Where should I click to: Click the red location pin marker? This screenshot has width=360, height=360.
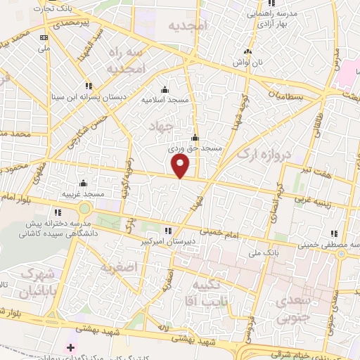coord(181,166)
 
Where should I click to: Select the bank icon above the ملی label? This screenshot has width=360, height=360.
coord(44,37)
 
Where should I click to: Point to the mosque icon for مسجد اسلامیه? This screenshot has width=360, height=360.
coord(165,89)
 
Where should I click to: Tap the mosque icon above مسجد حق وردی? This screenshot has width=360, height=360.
coord(195,138)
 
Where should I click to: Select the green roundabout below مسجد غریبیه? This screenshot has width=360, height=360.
coord(85,208)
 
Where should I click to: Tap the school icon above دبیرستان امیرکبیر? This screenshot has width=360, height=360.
coord(167,230)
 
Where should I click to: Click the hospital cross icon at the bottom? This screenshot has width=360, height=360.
coord(70,347)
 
